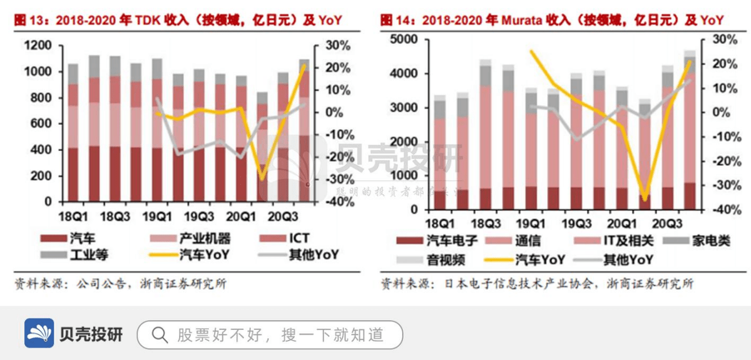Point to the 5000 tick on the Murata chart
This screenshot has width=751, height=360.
coord(404,39)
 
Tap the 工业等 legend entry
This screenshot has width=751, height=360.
coord(81,255)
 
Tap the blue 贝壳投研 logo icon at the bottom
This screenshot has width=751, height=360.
coord(39,334)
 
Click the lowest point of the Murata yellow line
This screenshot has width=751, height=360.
coord(645,200)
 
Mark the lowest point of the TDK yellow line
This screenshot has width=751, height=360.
coord(263,179)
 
